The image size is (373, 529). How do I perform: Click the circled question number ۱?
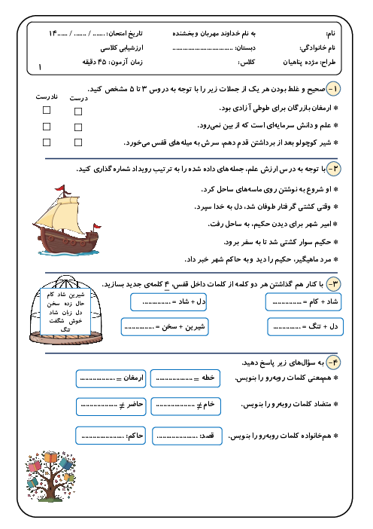point(333,89)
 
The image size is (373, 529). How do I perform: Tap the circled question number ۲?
point(333,169)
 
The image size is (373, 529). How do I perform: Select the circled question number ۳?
point(333,284)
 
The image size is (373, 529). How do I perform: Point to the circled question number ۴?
point(333,362)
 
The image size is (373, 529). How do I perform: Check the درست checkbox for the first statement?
point(78,112)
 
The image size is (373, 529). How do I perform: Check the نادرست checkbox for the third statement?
point(47,142)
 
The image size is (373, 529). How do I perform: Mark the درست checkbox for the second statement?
point(78,127)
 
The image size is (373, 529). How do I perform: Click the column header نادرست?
point(47,96)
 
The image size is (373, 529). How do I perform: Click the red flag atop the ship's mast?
point(60,188)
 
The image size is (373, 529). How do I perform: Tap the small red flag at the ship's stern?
point(97,226)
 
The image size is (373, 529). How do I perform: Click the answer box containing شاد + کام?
point(303,302)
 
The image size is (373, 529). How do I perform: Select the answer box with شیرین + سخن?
point(165,326)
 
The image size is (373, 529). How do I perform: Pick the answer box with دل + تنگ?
point(305,326)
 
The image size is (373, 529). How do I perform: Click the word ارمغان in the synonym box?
point(133,378)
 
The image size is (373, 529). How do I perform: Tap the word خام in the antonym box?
point(209,404)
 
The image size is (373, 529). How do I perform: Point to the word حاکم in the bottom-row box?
point(136,436)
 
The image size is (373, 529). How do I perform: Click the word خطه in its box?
point(208,378)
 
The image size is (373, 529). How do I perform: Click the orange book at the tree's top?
point(50,457)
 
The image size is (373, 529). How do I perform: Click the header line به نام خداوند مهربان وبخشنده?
point(214,33)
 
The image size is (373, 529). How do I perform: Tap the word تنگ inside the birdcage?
point(65,329)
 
